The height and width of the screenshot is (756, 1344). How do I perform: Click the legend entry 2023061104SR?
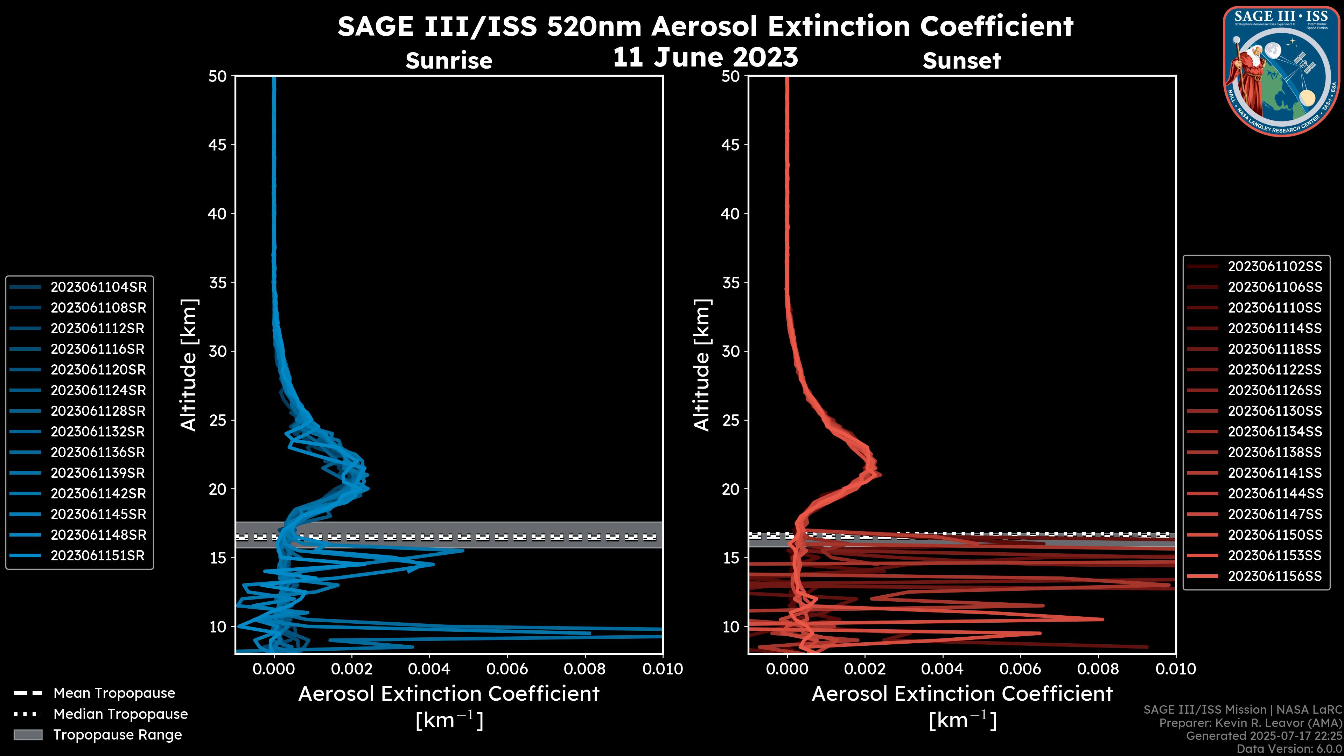(98, 287)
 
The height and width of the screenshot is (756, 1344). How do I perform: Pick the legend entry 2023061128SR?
(98, 411)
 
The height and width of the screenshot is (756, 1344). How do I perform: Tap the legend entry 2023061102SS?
(1275, 267)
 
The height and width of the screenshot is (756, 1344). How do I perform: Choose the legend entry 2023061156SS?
(1275, 576)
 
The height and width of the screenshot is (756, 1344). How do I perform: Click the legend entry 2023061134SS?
(1275, 432)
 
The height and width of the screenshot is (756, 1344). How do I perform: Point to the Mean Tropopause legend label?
(114, 693)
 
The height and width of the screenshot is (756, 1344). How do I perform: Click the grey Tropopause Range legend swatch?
(28, 735)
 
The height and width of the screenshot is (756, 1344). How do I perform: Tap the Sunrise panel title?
(449, 61)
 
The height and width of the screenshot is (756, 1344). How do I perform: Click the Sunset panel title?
(961, 61)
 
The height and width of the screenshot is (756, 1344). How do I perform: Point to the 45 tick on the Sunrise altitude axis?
(218, 145)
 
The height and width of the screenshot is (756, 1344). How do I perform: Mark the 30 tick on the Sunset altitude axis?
(731, 351)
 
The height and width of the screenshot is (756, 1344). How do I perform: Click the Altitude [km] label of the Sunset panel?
(702, 365)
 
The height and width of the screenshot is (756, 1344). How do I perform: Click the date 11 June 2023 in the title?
(705, 57)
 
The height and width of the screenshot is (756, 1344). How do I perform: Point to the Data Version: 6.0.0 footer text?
(1290, 749)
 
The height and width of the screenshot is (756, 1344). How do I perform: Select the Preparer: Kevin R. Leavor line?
(1250, 723)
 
